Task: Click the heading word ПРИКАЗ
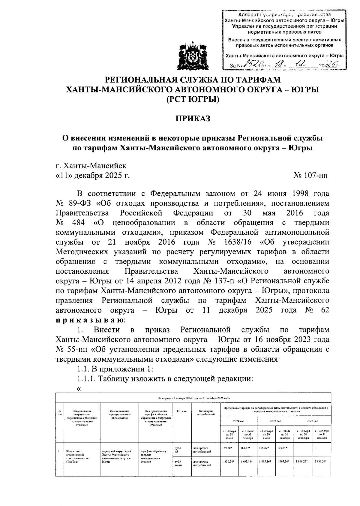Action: pos(193,119)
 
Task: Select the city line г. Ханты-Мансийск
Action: pos(91,166)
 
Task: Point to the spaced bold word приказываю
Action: pos(89,320)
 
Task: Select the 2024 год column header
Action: pos(238,421)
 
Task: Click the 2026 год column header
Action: pos(312,421)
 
